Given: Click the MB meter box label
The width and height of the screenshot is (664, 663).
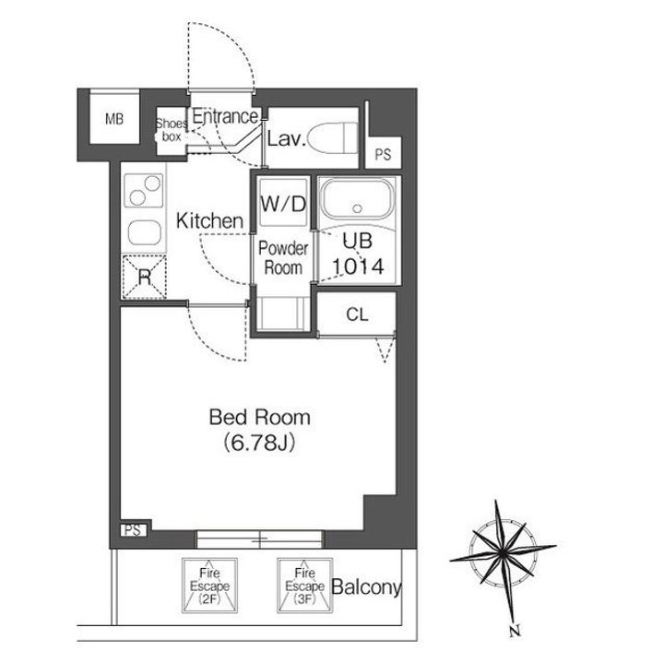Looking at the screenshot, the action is coord(114,119).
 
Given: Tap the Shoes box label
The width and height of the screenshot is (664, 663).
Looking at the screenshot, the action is coord(172,130).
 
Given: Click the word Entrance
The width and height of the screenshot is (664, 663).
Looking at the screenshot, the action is coord(225,116).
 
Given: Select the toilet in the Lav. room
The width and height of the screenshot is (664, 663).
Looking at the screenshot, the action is coord(333,138).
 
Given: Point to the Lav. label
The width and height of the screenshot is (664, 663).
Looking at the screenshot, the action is coord(286,139).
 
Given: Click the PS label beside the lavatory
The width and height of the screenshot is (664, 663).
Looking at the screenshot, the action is coord(384,155).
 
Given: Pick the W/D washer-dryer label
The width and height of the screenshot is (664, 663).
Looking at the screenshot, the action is coord(283,204).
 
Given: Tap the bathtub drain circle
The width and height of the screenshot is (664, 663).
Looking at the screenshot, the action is coord(358,208).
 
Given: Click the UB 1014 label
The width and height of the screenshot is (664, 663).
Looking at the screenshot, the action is coord(358,254).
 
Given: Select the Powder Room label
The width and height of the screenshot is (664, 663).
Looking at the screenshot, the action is coord(283,258).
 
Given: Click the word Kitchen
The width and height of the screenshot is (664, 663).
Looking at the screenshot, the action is coord(210,221).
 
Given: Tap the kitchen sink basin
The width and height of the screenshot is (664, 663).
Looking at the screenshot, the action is coord(145,233).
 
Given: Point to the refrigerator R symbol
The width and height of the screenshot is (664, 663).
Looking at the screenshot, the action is coord(145,278).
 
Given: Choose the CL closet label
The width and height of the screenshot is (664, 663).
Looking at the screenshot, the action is coord(358,314).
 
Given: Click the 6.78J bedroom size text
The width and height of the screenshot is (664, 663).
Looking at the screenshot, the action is coord(259,443).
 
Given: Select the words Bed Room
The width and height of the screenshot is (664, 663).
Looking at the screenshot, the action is coord(259,418).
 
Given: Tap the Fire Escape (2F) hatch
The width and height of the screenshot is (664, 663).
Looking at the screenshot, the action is coord(209,586).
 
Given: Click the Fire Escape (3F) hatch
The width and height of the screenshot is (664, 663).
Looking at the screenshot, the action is coord(305,586).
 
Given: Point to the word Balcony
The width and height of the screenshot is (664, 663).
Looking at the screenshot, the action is coord(366,587).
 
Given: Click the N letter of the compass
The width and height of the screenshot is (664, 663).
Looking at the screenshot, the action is coord(515,632).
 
